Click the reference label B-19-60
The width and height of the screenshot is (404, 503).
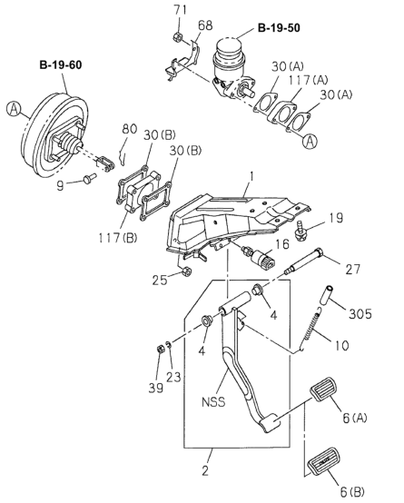click(x=61, y=65)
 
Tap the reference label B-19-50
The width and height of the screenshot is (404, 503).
click(x=279, y=28)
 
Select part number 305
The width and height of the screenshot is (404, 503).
click(x=360, y=314)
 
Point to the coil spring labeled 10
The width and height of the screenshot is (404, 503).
click(x=310, y=328)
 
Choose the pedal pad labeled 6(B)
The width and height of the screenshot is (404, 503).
click(x=324, y=462)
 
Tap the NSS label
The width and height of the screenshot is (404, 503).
click(x=213, y=402)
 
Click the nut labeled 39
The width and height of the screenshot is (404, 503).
click(x=160, y=350)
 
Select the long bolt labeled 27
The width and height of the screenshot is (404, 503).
click(x=304, y=261)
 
